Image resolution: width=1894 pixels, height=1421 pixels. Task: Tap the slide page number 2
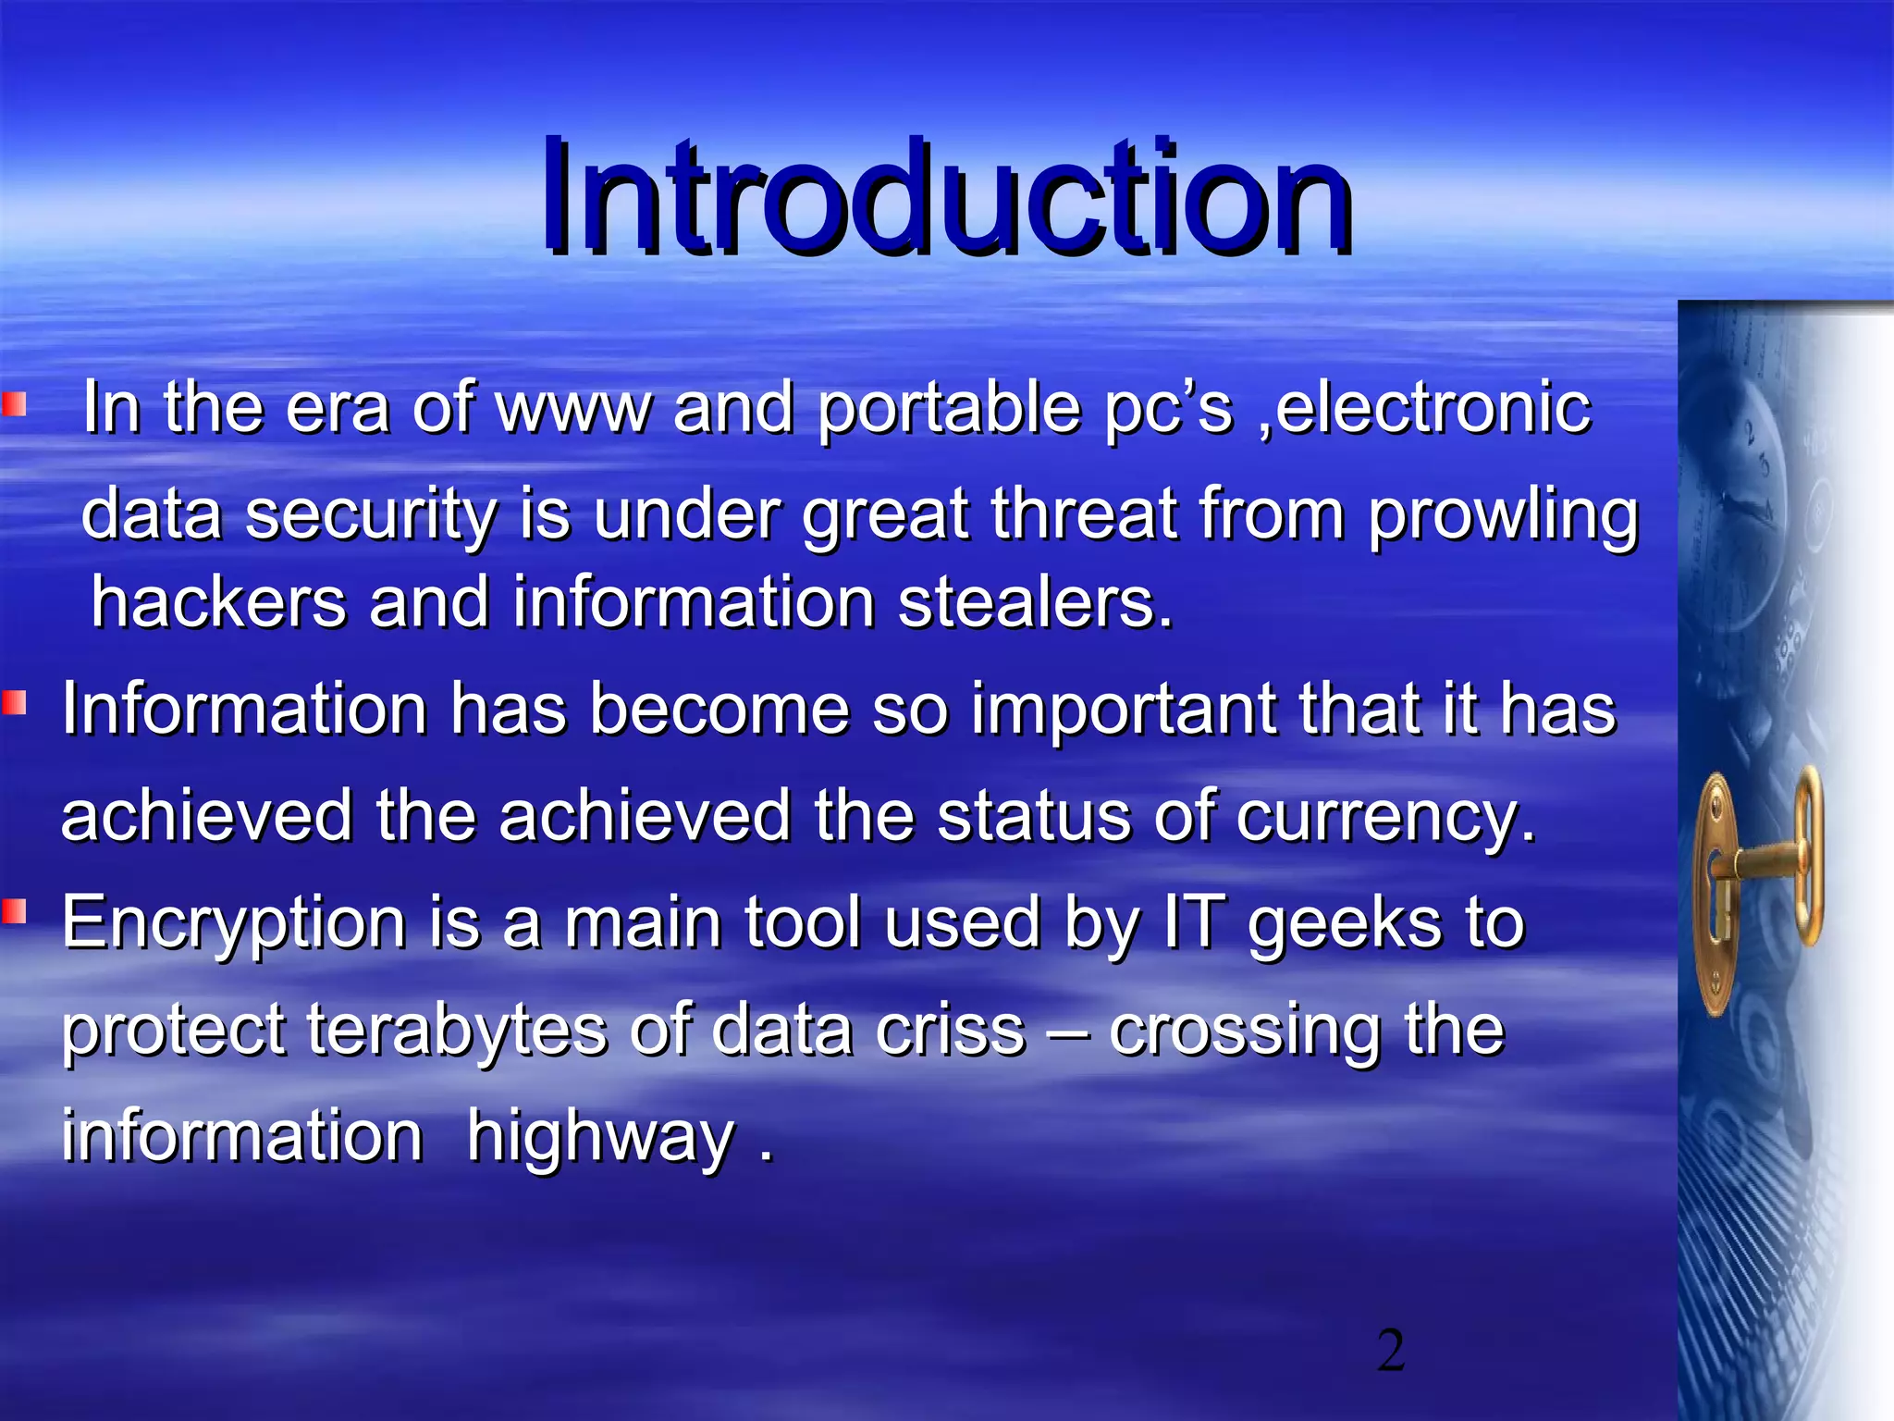pos(1390,1350)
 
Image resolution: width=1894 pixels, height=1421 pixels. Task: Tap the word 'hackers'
pos(218,601)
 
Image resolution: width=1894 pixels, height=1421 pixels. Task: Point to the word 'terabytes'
pos(456,1030)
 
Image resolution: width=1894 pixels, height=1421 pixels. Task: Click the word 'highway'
pos(600,1136)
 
